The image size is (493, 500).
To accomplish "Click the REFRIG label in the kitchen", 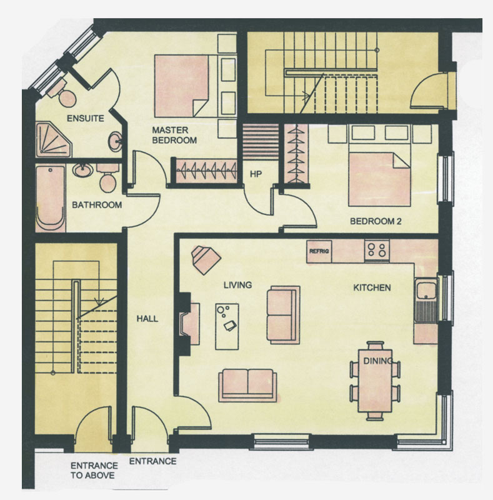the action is (x=319, y=251).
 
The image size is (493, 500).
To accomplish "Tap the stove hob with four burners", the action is (x=377, y=251).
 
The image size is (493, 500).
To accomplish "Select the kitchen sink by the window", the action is (x=426, y=300).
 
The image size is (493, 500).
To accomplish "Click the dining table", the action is (x=375, y=381).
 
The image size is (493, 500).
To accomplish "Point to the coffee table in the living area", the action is (x=227, y=326).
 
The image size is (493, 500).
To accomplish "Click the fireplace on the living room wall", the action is (x=189, y=324).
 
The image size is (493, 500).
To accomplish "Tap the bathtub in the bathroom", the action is (x=51, y=197).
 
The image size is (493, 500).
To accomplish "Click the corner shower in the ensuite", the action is (x=53, y=139).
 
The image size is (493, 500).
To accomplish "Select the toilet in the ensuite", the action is (x=63, y=92).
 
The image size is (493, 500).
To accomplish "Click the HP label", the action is (x=256, y=174).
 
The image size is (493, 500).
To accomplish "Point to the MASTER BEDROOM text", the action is (x=174, y=135).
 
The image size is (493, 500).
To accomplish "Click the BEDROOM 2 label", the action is (x=376, y=221).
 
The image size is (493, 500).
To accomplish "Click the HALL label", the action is (x=147, y=319).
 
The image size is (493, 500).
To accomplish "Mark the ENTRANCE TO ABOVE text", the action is (x=94, y=471).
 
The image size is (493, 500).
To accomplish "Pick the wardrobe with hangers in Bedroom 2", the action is (x=296, y=154).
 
